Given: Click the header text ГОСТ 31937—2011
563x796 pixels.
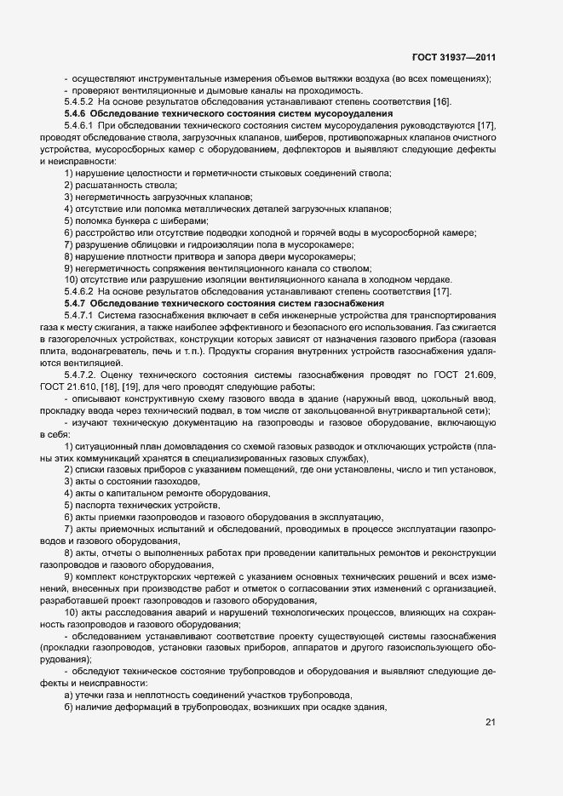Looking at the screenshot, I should [454, 58].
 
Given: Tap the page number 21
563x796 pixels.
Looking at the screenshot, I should [490, 723].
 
